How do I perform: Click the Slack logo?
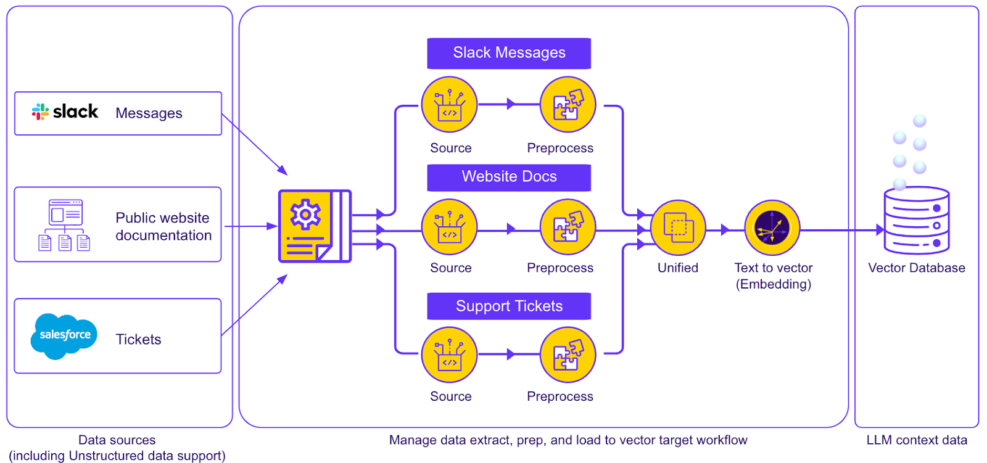65,112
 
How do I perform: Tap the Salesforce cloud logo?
64,335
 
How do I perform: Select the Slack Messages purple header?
509,53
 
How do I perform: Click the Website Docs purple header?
509,177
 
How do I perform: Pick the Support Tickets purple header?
509,306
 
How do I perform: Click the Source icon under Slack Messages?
449,105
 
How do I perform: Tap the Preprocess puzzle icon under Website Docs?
568,227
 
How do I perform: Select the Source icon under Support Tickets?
449,355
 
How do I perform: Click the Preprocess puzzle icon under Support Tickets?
568,355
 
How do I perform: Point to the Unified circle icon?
678,227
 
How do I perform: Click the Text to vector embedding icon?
772,227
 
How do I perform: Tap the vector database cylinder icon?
917,220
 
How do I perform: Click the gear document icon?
315,226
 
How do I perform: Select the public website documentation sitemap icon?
65,225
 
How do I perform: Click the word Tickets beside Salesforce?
138,340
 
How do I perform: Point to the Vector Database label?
917,268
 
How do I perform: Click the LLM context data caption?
917,440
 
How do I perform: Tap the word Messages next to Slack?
149,113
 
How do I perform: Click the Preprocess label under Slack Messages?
560,149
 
